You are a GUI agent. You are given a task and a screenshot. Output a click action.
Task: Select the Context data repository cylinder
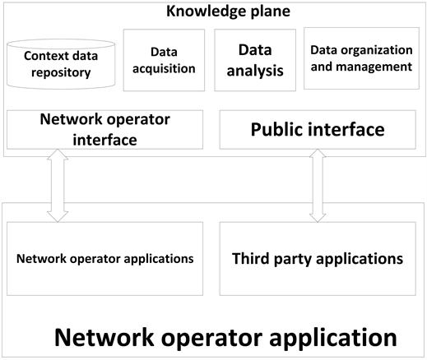click(58, 66)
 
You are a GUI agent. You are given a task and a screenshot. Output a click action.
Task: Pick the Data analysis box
click(255, 59)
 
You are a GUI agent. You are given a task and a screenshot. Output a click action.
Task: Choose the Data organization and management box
click(361, 59)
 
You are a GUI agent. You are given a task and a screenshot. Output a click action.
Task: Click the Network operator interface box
click(104, 130)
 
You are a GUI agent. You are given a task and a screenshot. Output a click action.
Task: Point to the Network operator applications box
click(105, 258)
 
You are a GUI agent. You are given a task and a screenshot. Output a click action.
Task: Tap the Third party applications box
click(318, 258)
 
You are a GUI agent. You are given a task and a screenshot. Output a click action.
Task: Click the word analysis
click(255, 70)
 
